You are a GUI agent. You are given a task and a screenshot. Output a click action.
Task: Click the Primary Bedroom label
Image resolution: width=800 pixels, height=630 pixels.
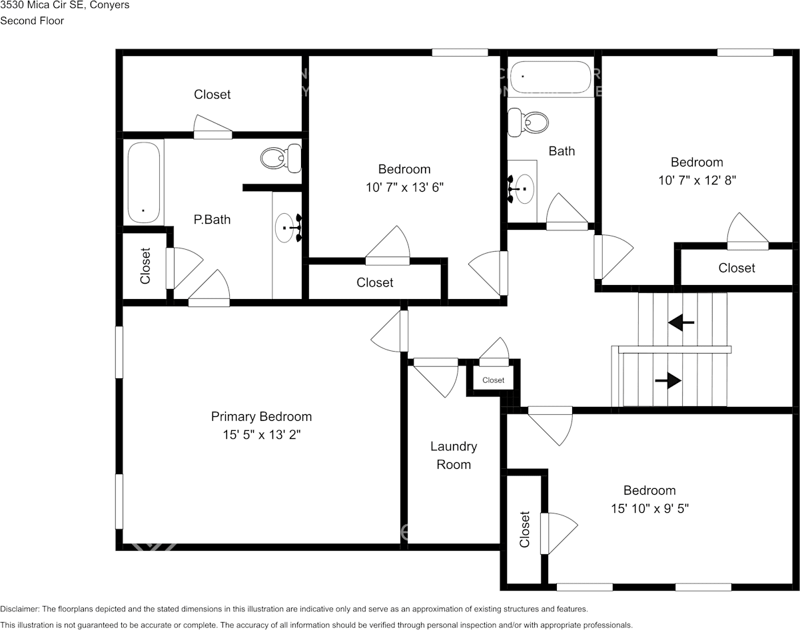click(261, 417)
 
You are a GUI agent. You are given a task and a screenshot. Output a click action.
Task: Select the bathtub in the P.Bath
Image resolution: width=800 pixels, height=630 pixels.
click(144, 182)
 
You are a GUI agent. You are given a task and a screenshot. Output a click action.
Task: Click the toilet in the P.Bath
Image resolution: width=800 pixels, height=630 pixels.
click(279, 158)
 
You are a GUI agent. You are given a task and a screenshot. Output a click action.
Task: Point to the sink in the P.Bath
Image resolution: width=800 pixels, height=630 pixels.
click(288, 228)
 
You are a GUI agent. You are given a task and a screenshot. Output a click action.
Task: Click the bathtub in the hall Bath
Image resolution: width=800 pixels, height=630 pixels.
click(550, 77)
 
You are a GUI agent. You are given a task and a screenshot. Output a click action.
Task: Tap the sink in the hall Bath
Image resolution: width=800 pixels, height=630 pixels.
click(522, 189)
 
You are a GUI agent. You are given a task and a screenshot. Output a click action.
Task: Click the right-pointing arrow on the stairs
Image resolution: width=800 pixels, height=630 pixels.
click(668, 380)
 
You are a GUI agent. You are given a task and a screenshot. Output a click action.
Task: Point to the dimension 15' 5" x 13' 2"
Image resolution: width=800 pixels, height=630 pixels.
click(261, 435)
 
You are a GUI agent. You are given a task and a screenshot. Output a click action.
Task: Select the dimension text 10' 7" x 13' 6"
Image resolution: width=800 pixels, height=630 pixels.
click(404, 187)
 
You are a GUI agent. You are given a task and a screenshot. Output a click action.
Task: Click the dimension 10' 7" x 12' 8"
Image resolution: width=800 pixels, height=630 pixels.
click(696, 180)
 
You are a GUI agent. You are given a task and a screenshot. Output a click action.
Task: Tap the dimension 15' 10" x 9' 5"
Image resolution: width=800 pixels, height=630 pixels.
click(649, 508)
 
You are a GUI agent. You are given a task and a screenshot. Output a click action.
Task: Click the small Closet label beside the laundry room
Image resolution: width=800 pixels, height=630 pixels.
click(494, 380)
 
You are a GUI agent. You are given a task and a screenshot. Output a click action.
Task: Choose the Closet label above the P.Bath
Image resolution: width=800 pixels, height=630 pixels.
click(212, 95)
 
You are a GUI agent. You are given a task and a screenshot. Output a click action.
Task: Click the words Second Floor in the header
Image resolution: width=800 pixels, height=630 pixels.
click(32, 21)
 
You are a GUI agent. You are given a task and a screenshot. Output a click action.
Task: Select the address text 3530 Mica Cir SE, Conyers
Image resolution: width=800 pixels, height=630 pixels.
click(65, 5)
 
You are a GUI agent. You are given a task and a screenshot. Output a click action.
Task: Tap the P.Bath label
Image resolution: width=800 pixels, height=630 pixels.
click(212, 219)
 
